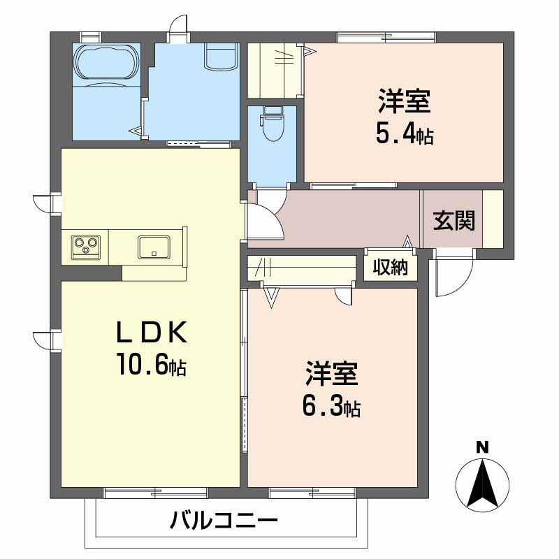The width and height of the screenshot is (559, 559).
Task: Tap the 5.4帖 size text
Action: pos(404,132)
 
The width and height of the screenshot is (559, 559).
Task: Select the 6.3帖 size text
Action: pos(331,405)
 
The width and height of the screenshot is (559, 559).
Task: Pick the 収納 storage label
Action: pos(389,268)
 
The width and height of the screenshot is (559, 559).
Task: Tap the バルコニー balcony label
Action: pos(224,521)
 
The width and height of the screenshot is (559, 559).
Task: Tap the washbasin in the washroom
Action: pos(220,56)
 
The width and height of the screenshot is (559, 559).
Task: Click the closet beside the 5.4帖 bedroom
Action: pos(275,70)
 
